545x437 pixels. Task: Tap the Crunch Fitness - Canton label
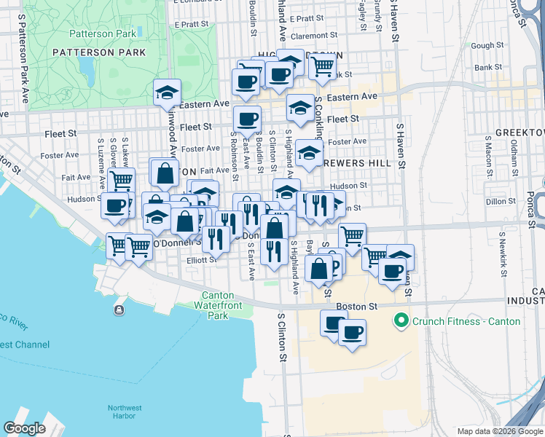(x=467, y=320)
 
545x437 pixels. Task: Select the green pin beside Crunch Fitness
(x=400, y=320)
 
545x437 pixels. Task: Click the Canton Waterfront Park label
(x=219, y=305)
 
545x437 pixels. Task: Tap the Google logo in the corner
(x=25, y=428)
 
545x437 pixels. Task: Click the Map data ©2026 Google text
(x=499, y=431)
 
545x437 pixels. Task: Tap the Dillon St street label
(x=501, y=201)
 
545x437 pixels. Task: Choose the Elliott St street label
(x=201, y=260)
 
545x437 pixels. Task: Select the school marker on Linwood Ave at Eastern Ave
(x=167, y=93)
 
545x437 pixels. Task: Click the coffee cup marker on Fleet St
(x=247, y=119)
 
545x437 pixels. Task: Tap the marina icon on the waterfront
(x=119, y=310)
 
